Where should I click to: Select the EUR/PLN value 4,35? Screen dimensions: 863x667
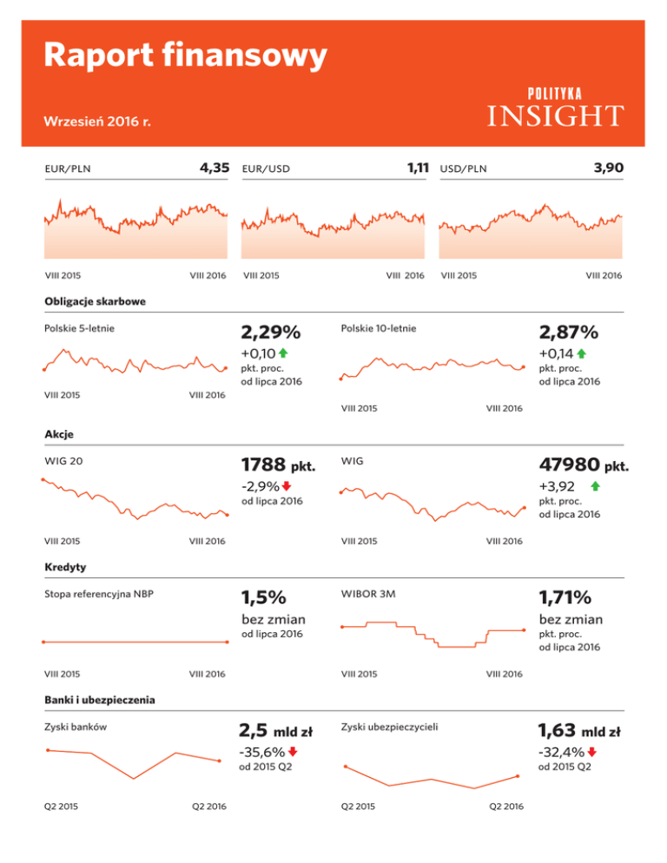(212, 168)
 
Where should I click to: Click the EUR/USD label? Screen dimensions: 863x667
(266, 168)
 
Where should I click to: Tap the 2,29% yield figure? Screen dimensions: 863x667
(270, 333)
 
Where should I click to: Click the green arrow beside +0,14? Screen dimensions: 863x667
(581, 353)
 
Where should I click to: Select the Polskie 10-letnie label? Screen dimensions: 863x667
(379, 329)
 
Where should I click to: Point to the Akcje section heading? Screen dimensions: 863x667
(58, 435)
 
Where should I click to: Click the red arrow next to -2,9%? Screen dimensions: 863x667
(287, 486)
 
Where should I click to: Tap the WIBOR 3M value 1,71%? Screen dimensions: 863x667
(565, 597)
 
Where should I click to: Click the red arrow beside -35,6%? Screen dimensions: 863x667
(293, 752)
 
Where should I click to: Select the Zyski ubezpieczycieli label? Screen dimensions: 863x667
(390, 727)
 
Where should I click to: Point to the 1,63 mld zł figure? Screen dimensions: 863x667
(578, 730)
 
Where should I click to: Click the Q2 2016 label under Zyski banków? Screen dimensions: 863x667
(208, 807)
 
